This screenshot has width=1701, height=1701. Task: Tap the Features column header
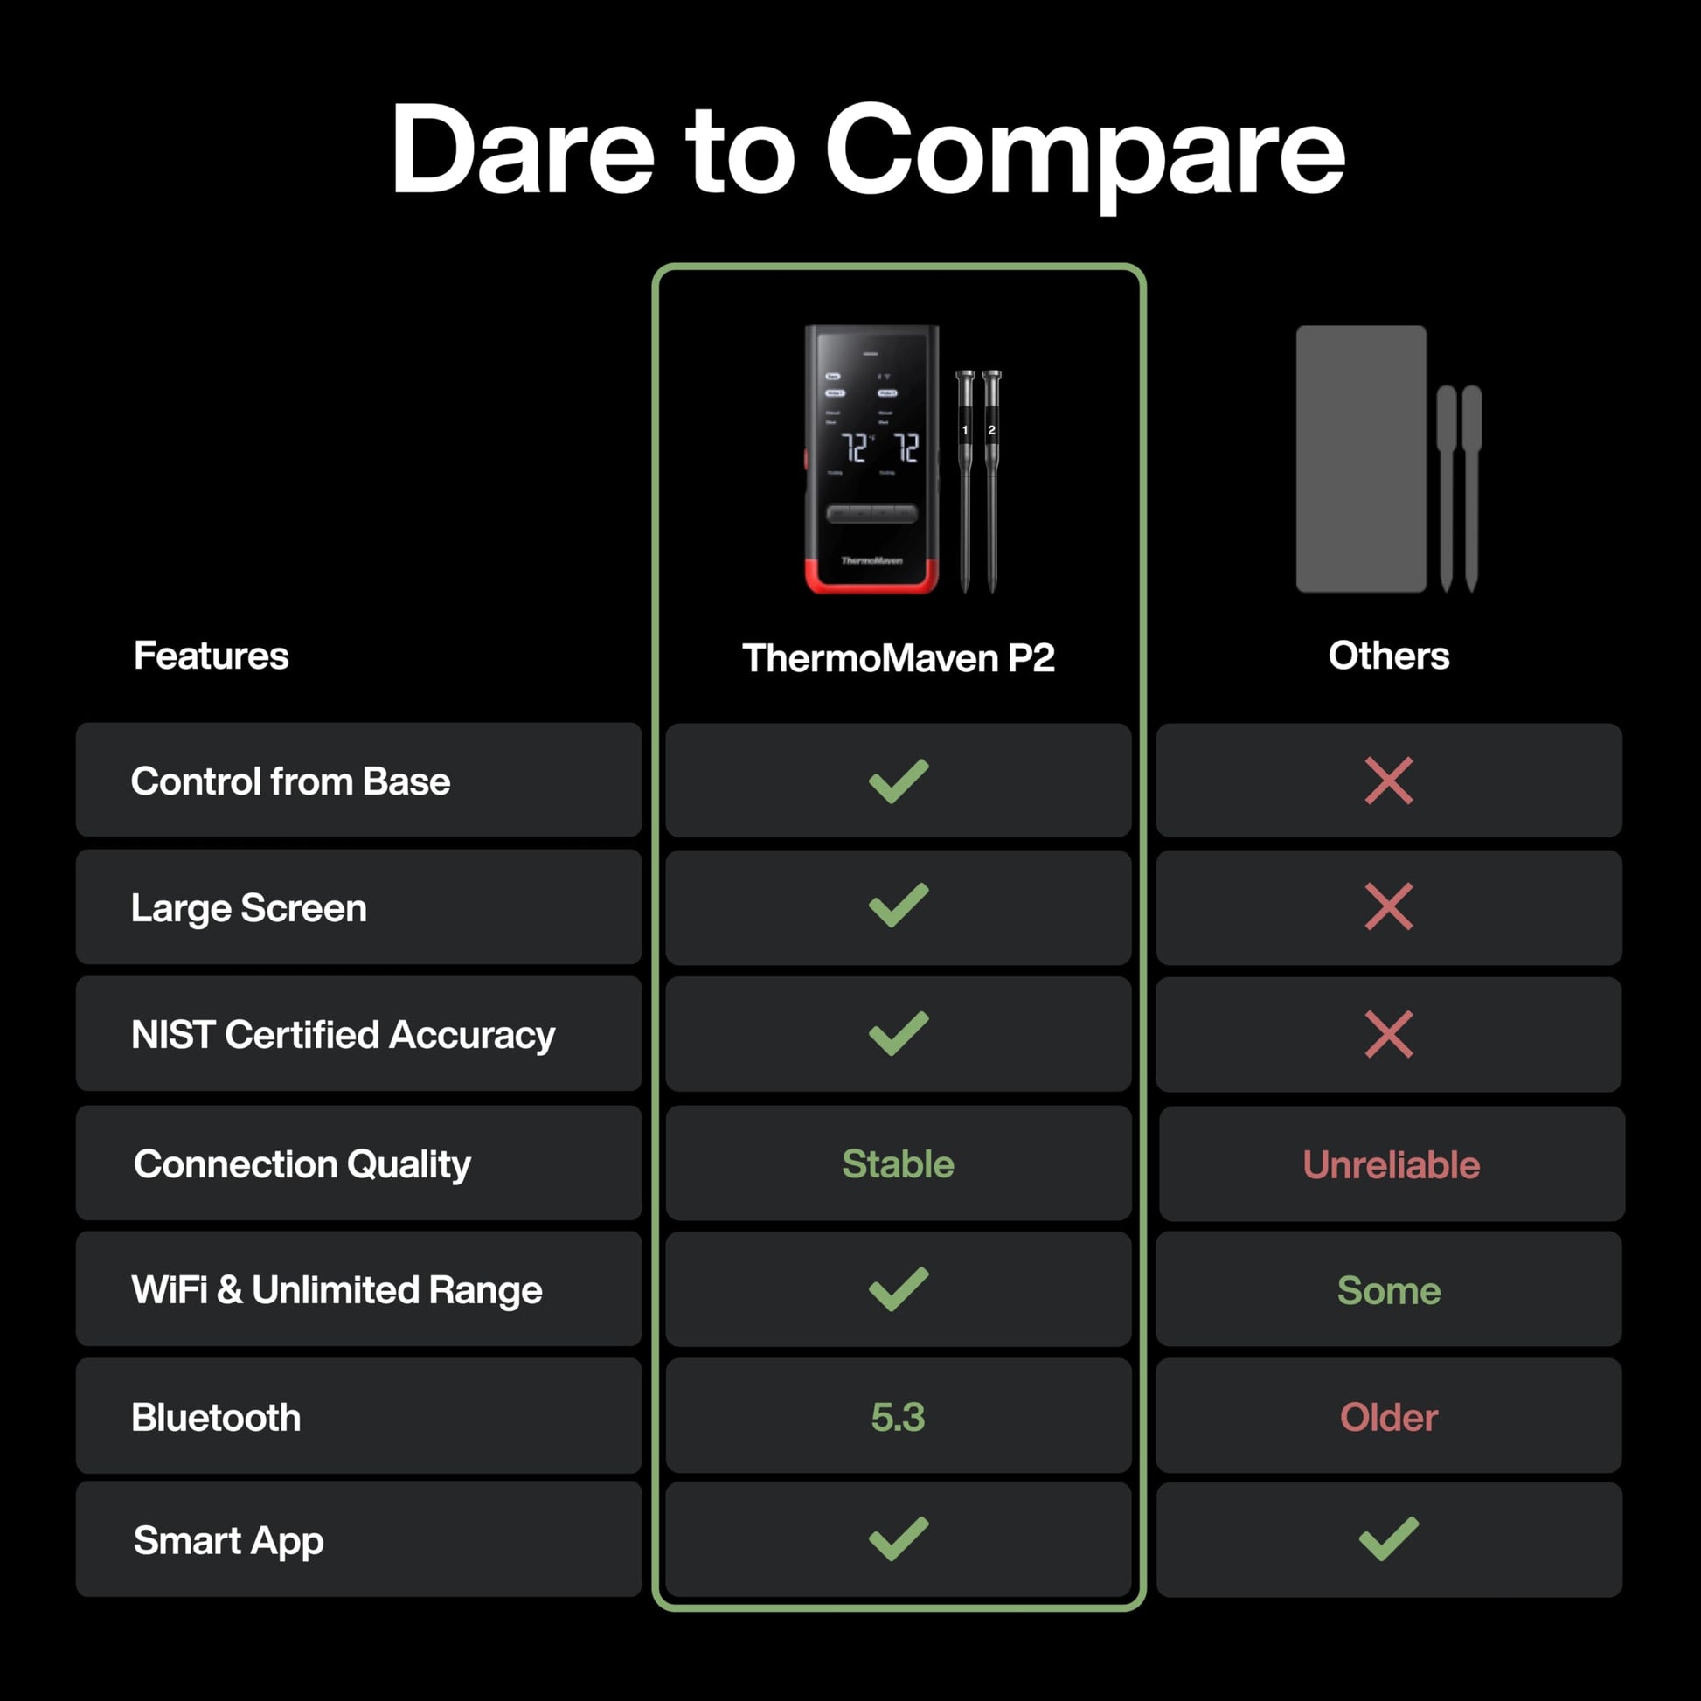[212, 656]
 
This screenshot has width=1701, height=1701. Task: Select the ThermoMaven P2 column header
[898, 658]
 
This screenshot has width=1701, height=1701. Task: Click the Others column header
[1388, 656]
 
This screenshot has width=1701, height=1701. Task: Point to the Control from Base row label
[290, 781]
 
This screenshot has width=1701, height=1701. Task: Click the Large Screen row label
[249, 908]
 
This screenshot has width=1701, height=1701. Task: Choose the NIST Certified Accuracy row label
[344, 1036]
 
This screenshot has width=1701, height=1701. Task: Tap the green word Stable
[898, 1164]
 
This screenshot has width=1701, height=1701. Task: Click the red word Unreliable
[1391, 1165]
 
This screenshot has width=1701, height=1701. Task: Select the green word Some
[1388, 1291]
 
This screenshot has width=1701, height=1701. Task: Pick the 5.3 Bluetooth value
[898, 1418]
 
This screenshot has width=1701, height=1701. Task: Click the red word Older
[1388, 1418]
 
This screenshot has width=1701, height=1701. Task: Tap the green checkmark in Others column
[1388, 1539]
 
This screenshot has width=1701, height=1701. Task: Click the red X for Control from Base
[1388, 781]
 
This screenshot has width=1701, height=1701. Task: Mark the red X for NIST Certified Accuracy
[1388, 1035]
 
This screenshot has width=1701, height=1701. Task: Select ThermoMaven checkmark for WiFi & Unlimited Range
[898, 1289]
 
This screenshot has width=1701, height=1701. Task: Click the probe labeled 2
[991, 481]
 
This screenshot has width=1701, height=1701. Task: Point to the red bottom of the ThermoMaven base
[871, 577]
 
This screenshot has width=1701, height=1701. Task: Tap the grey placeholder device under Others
[1361, 459]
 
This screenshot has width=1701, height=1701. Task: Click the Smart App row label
[229, 1542]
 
